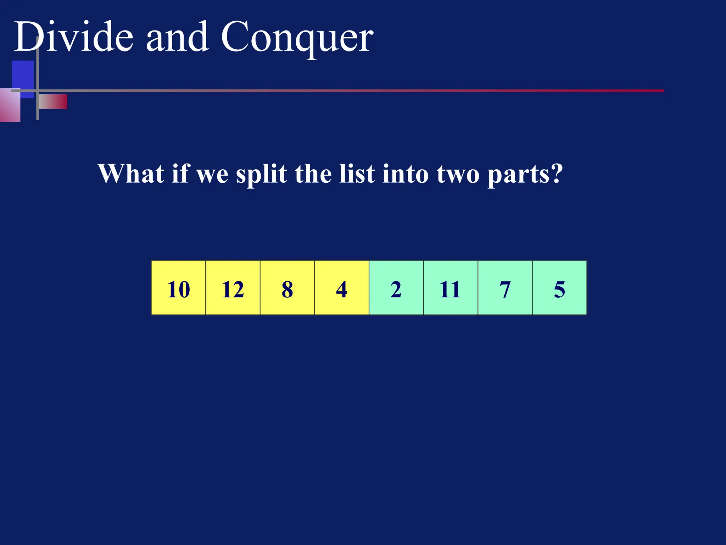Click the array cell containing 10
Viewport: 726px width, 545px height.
pos(178,288)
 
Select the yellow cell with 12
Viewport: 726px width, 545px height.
pos(233,288)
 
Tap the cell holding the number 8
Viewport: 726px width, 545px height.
pos(287,288)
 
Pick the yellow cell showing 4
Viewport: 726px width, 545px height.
pos(342,288)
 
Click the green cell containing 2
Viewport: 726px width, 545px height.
pos(396,288)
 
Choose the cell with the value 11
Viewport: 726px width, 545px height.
pos(451,288)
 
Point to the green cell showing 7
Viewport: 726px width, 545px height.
pos(505,288)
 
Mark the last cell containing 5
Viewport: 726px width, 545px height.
pos(559,288)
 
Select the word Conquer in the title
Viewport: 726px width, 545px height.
pos(297,37)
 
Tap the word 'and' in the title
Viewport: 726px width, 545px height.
pos(177,37)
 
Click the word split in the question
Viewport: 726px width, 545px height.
pos(262,174)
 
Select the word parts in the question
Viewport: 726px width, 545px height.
pos(525,174)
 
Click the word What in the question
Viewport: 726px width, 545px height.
pos(130,174)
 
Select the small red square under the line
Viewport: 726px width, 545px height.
pos(53,101)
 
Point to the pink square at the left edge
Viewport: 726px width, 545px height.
pos(10,105)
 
